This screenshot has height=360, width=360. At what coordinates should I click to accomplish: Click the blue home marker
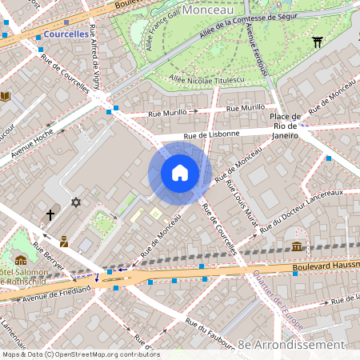180,173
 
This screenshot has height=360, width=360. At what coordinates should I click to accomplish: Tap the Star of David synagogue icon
77,202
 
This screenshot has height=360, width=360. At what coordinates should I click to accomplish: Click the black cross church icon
50,214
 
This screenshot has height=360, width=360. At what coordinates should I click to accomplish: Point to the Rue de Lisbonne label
211,134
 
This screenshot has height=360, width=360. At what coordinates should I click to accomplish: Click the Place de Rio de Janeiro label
286,129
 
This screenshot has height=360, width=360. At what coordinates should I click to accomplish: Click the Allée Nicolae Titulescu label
206,79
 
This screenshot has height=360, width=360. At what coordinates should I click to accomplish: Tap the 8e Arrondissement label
292,344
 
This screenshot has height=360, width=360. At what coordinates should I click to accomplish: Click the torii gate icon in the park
318,42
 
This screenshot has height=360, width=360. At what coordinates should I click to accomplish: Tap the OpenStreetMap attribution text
80,354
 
